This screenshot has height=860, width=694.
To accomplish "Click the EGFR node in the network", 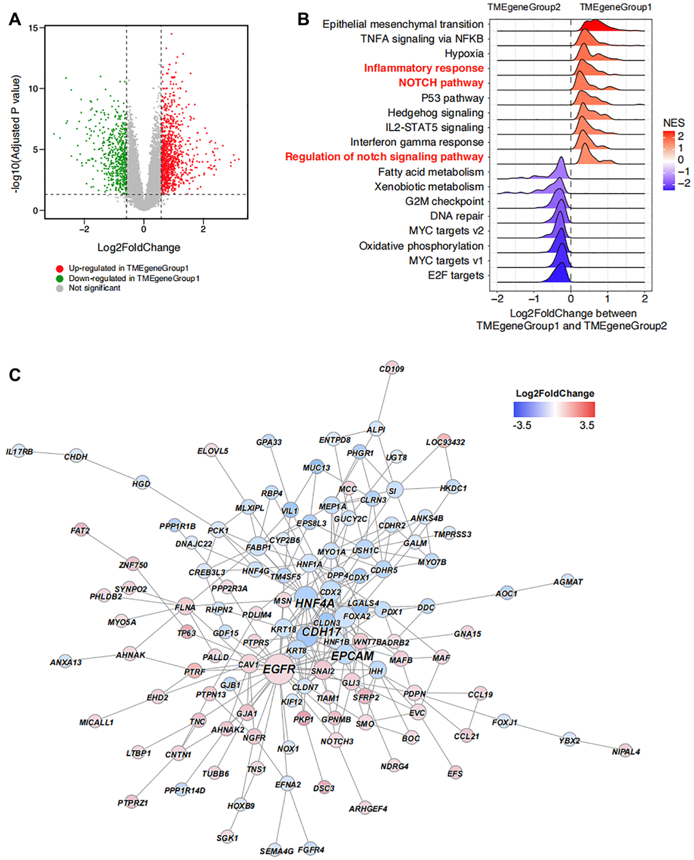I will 279,668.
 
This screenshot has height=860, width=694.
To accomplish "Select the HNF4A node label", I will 314,602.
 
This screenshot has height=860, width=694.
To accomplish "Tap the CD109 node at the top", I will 391,369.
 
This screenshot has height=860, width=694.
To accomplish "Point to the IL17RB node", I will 19,451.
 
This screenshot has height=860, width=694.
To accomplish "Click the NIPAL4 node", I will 625,752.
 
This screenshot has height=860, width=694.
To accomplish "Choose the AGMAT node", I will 567,582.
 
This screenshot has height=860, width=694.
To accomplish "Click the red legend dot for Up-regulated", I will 59,269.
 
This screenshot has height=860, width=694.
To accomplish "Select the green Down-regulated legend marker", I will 59,278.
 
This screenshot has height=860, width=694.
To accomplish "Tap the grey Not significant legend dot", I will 59,288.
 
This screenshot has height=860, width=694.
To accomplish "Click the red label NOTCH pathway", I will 440,83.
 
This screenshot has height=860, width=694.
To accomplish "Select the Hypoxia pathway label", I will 464,54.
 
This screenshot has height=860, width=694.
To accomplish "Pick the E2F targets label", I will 457,275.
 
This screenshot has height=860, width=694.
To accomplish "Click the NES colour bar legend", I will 669,160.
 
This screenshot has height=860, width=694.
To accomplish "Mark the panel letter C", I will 15,374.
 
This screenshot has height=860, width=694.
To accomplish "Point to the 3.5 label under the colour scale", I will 586,426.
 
